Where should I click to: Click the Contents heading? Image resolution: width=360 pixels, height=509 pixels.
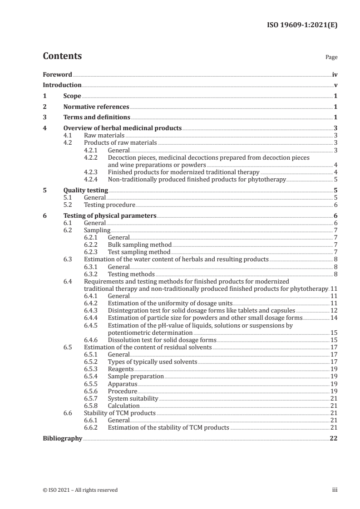pyautogui.click(x=62, y=56)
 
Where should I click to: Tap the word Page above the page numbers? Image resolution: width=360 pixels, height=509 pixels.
pyautogui.click(x=331, y=58)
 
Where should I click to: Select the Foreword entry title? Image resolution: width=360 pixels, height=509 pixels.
pyautogui.click(x=57, y=74)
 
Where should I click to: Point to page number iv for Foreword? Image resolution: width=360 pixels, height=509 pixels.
pyautogui.click(x=335, y=74)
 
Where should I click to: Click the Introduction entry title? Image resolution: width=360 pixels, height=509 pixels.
pyautogui.click(x=62, y=85)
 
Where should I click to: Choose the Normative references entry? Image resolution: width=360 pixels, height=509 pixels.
pyautogui.click(x=96, y=107)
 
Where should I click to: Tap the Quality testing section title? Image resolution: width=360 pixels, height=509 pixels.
pyautogui.click(x=86, y=191)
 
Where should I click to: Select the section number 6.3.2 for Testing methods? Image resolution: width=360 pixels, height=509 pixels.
pyautogui.click(x=92, y=274)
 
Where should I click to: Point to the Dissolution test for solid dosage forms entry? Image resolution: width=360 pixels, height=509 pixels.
pyautogui.click(x=162, y=340)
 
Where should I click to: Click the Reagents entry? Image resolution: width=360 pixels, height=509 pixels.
pyautogui.click(x=121, y=369)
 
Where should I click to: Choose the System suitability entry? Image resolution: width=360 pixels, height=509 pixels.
pyautogui.click(x=133, y=398)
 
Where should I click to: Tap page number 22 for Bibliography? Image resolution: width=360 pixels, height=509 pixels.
pyautogui.click(x=334, y=439)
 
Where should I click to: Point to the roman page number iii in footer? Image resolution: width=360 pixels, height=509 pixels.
pyautogui.click(x=335, y=490)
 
